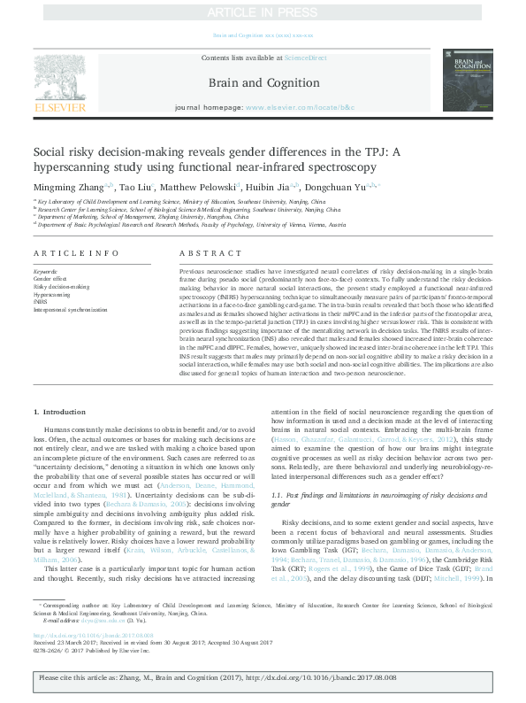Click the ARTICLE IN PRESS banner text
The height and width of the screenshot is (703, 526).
pos(263,12)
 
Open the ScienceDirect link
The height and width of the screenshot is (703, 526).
pos(305,57)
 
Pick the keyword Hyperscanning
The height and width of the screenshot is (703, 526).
pos(51,294)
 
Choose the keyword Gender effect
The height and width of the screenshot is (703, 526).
pos(50,278)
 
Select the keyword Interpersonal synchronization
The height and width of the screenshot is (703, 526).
pos(69,310)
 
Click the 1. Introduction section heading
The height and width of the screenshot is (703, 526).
pos(61,413)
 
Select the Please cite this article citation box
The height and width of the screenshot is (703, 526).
pos(263,677)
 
